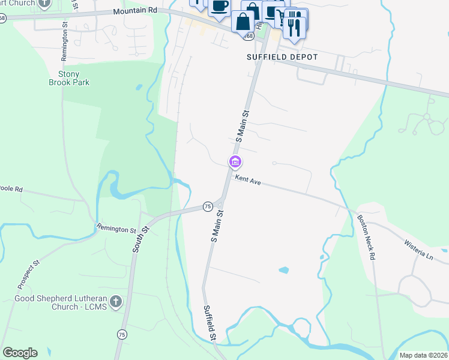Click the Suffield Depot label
(282, 57)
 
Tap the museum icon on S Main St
(235, 162)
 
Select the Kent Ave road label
(247, 179)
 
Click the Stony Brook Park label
(69, 78)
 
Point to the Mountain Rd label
(135, 11)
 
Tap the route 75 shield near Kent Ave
(208, 206)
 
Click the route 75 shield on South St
(122, 334)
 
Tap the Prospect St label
(28, 272)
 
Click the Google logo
(20, 352)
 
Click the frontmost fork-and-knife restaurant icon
(294, 26)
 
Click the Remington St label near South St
(116, 229)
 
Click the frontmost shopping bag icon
(243, 22)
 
